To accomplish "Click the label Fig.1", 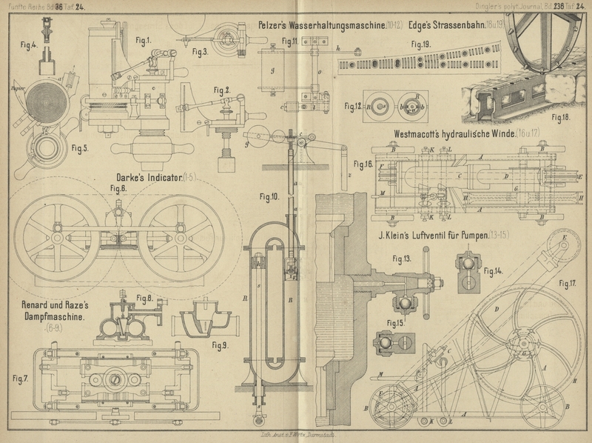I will pyautogui.click(x=143, y=39).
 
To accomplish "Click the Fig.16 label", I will pyautogui.click(x=363, y=163).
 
